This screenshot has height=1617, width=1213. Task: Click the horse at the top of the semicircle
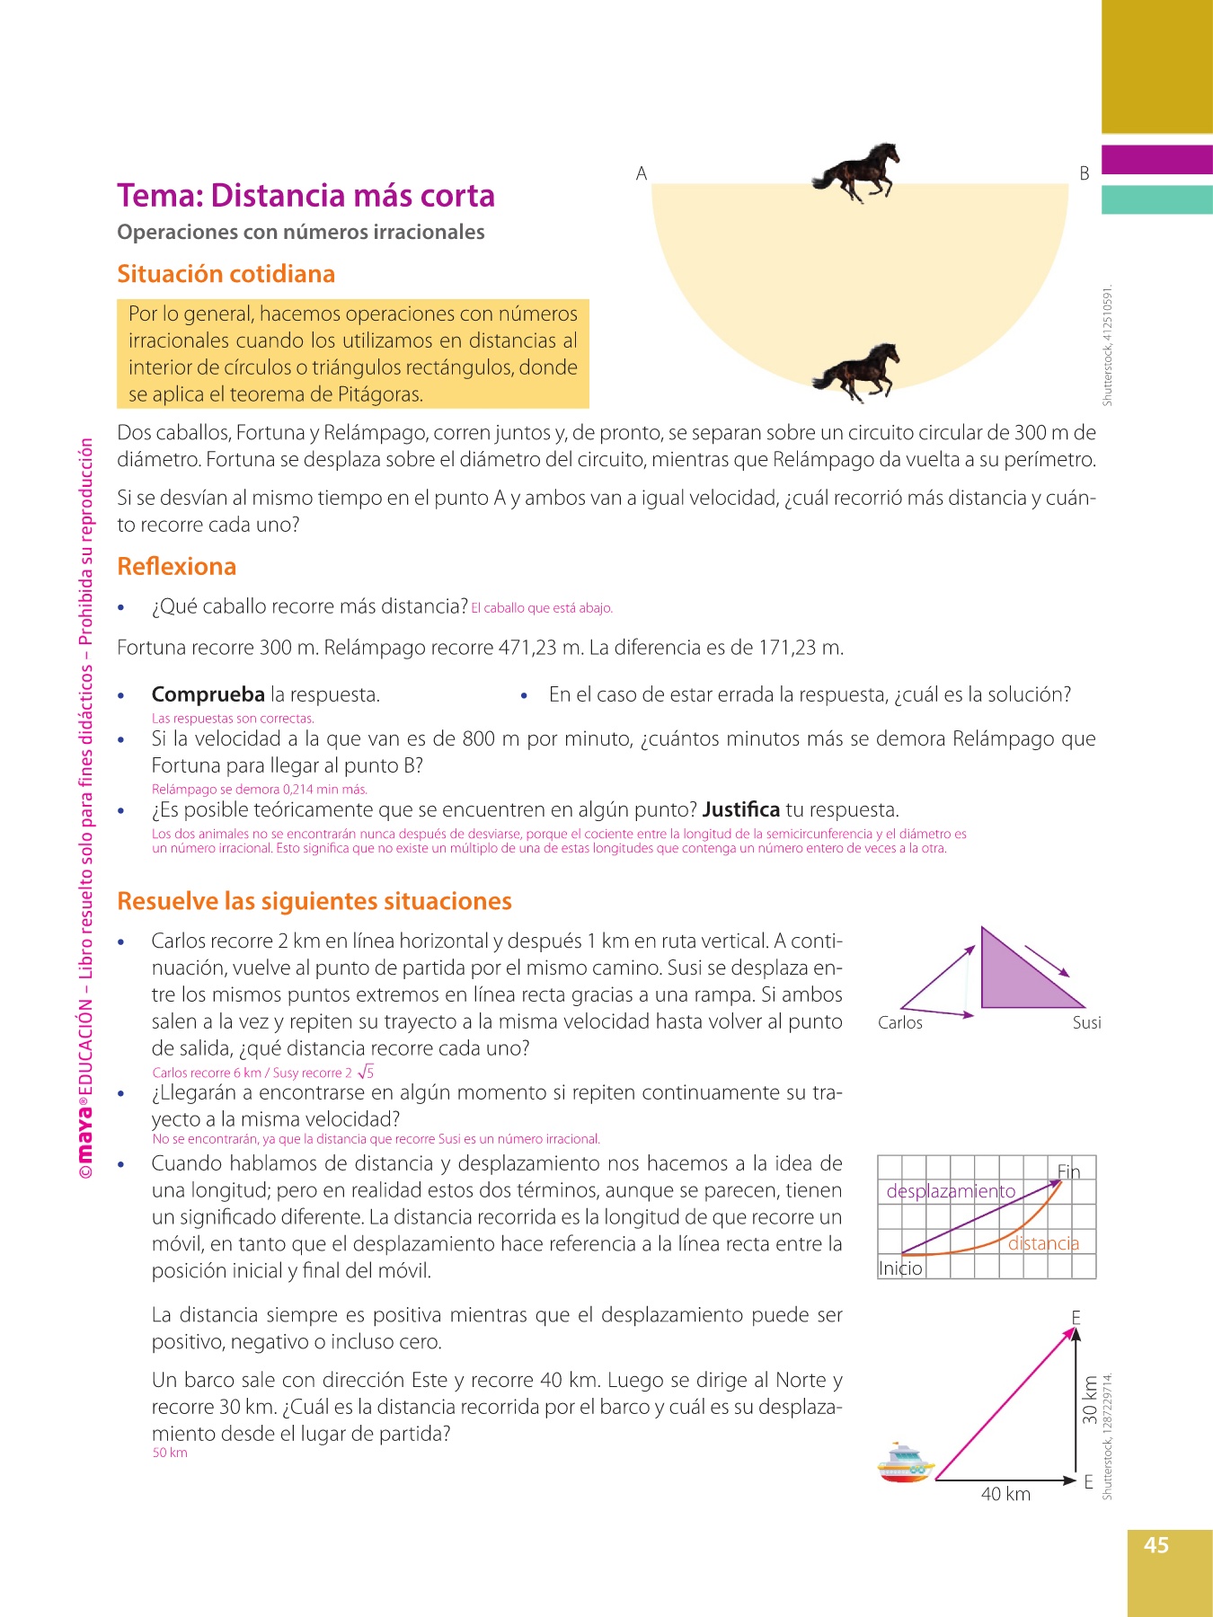(856, 172)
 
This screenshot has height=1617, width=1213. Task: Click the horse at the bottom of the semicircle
(856, 372)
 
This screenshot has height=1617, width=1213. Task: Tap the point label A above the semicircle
(642, 173)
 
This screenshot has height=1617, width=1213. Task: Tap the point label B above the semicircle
(1085, 173)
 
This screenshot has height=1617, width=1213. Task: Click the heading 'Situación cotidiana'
(226, 274)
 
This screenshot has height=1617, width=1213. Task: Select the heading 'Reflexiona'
(176, 567)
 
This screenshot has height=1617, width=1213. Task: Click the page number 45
(1155, 1545)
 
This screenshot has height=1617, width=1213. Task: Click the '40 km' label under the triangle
(1005, 1494)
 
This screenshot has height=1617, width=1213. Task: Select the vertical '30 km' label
(1090, 1400)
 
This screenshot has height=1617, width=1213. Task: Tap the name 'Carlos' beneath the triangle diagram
(899, 1022)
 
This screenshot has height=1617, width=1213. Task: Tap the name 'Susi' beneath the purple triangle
(1086, 1022)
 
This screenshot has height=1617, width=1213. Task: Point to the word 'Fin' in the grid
(1068, 1171)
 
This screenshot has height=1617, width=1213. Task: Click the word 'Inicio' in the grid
(900, 1268)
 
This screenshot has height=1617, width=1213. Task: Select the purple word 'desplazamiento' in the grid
(951, 1191)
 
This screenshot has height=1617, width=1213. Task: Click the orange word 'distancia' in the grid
(1043, 1243)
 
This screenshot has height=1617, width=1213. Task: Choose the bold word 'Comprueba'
(208, 694)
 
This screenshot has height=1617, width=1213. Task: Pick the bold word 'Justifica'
(740, 809)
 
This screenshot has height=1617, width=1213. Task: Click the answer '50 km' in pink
(170, 1453)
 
